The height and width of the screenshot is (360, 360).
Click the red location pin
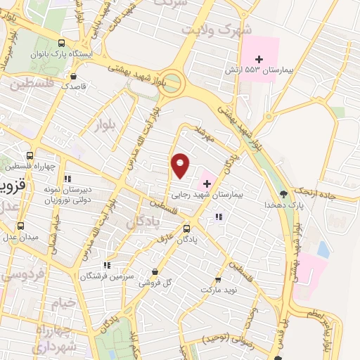click(x=181, y=165)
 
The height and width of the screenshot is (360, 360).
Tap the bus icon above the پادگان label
click(x=186, y=229)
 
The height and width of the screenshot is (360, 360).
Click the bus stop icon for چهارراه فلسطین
click(x=30, y=155)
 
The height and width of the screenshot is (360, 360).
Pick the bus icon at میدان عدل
click(x=20, y=226)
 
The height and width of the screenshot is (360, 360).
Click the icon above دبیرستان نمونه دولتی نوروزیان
click(x=68, y=178)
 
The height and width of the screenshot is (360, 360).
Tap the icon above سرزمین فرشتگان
click(x=107, y=265)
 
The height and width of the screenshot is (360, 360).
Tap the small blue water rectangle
click(x=323, y=249)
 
